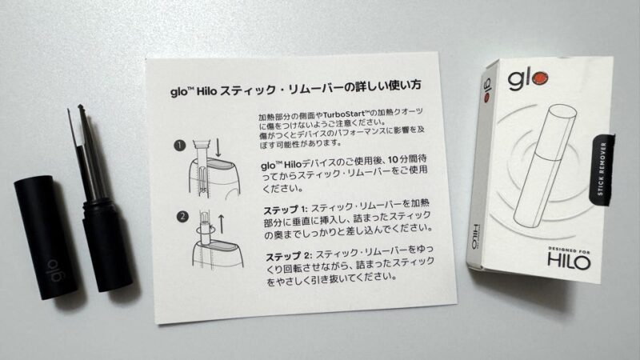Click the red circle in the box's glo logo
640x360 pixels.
point(542,78)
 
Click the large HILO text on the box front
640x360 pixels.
point(570,262)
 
